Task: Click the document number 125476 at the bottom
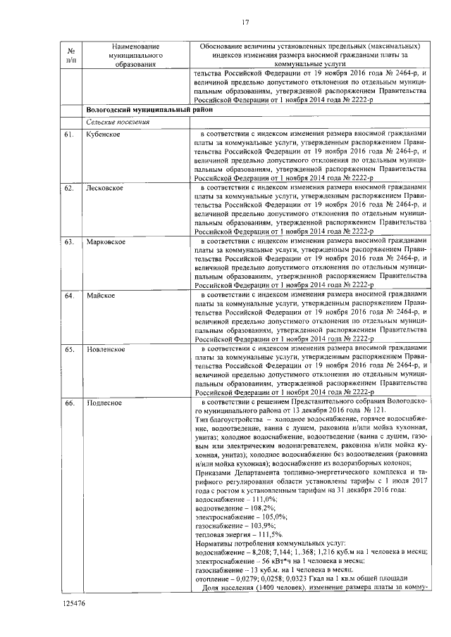74,604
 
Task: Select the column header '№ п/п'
70,56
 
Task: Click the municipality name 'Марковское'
106,242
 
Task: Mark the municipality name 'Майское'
101,296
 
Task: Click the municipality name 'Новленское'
106,349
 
